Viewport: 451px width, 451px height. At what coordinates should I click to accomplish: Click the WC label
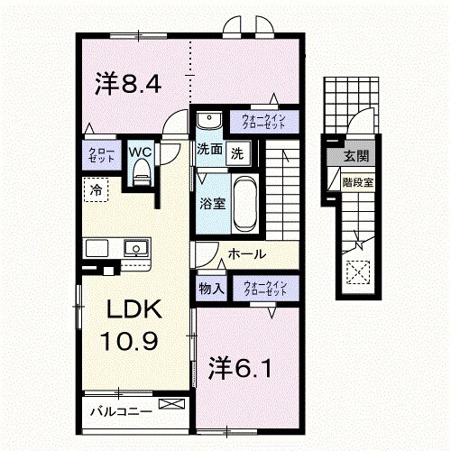[x=139, y=152]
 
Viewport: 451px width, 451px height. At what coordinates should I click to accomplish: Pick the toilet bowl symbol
[x=140, y=176]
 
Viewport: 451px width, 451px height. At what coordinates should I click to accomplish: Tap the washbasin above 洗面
[x=209, y=121]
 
